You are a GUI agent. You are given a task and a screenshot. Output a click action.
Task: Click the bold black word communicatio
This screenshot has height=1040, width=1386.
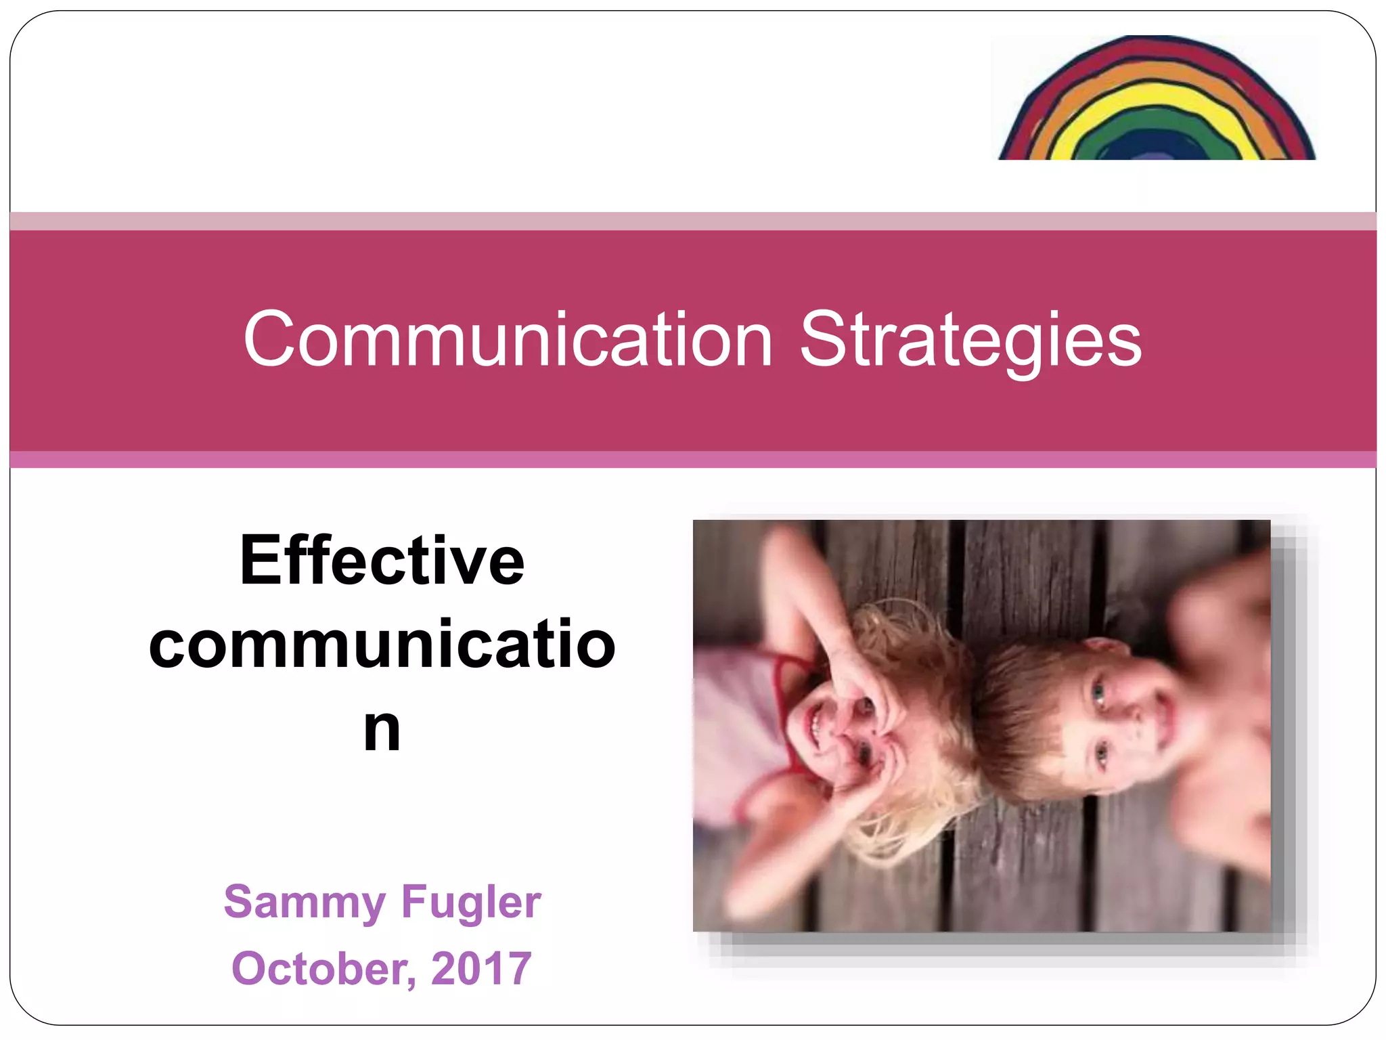point(382,645)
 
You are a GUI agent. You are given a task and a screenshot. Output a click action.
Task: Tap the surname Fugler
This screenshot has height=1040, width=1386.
point(471,902)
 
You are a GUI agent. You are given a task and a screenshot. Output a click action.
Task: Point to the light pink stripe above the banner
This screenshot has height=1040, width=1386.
point(693,221)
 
